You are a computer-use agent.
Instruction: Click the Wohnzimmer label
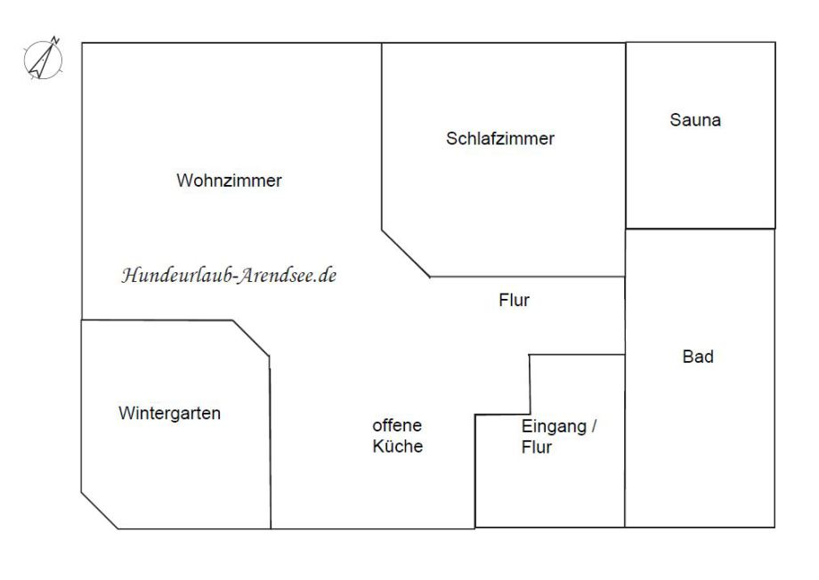229,181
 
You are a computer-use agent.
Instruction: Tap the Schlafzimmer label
500,139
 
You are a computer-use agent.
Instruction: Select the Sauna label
695,120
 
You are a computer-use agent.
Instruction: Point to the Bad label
698,358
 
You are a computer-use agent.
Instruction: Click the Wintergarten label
169,414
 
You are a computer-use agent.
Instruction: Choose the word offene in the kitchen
397,426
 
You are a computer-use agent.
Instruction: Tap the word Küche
397,447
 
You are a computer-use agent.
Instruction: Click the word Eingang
554,426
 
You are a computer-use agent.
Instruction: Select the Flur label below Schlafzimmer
514,301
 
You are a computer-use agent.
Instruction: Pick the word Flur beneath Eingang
537,447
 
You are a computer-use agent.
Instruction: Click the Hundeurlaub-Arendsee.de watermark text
229,275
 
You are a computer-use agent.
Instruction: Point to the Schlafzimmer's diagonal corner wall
406,254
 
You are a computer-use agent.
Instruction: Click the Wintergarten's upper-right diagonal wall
251,339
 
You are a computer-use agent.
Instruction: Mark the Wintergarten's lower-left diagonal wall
99,511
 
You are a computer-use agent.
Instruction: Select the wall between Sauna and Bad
700,229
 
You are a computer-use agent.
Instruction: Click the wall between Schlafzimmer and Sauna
626,133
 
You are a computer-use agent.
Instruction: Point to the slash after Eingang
594,426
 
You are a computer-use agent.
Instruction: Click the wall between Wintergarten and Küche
270,445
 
